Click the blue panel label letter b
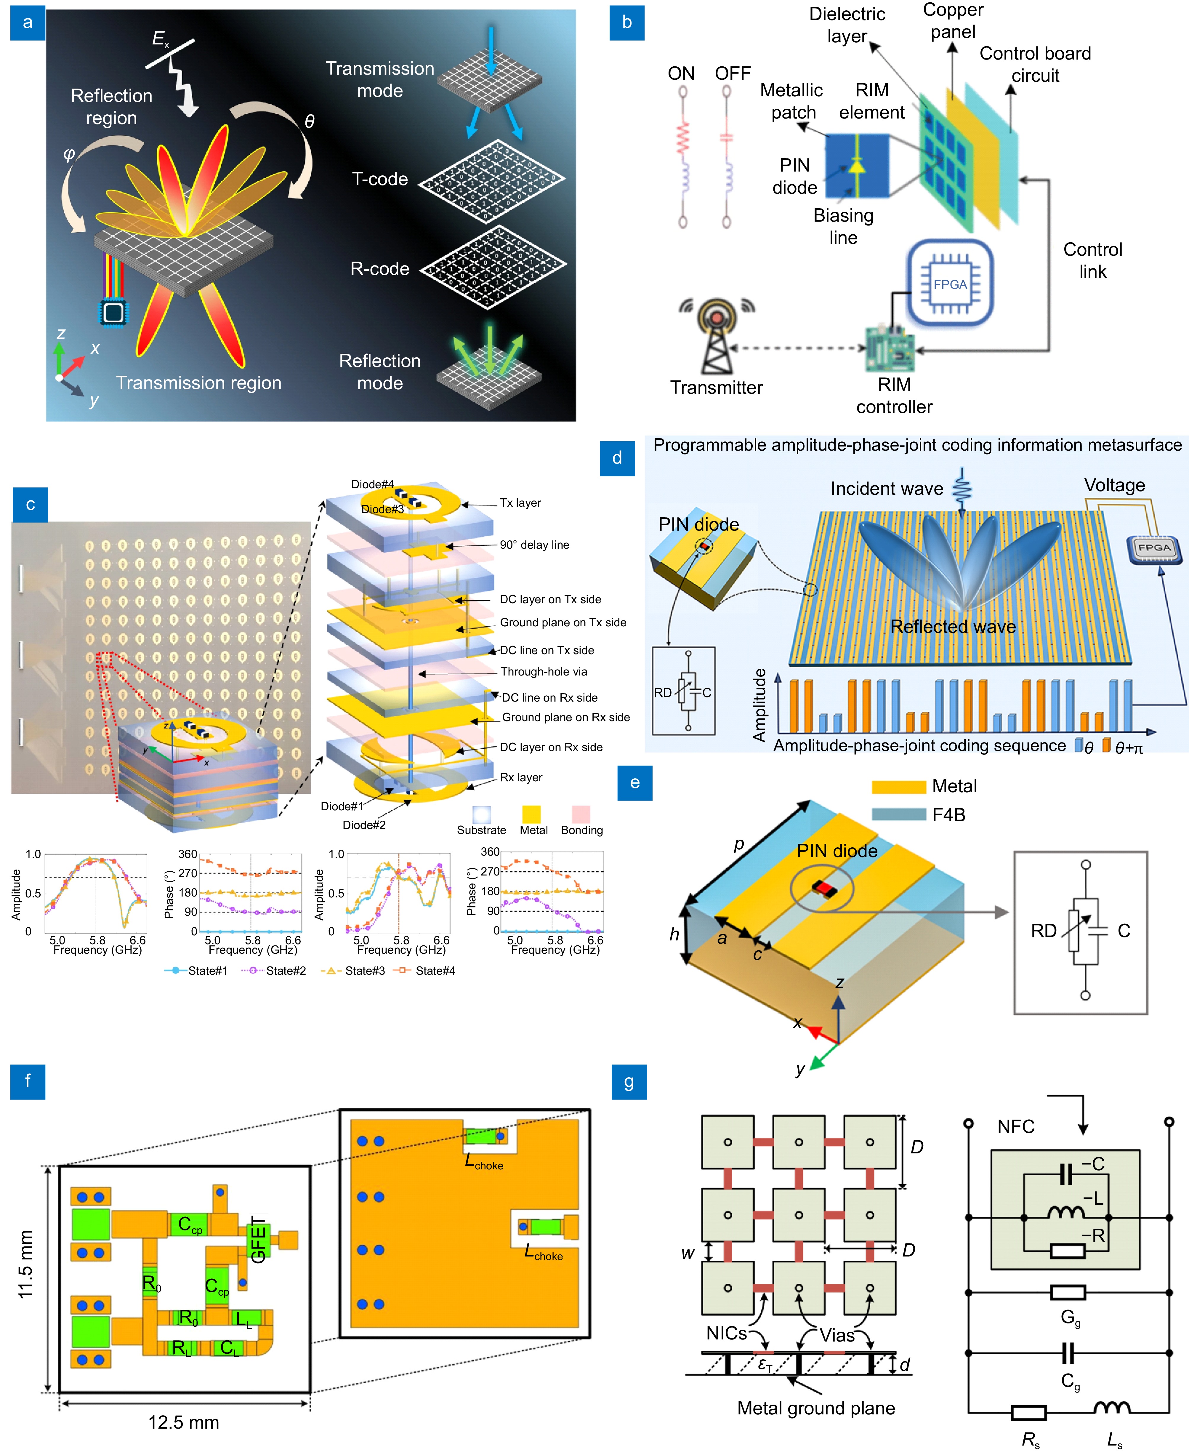pyautogui.click(x=627, y=23)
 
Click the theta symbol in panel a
pyautogui.click(x=310, y=122)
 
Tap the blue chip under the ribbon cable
pyautogui.click(x=113, y=312)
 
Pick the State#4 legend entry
pyautogui.click(x=425, y=971)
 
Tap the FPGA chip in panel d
pyautogui.click(x=1154, y=548)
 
